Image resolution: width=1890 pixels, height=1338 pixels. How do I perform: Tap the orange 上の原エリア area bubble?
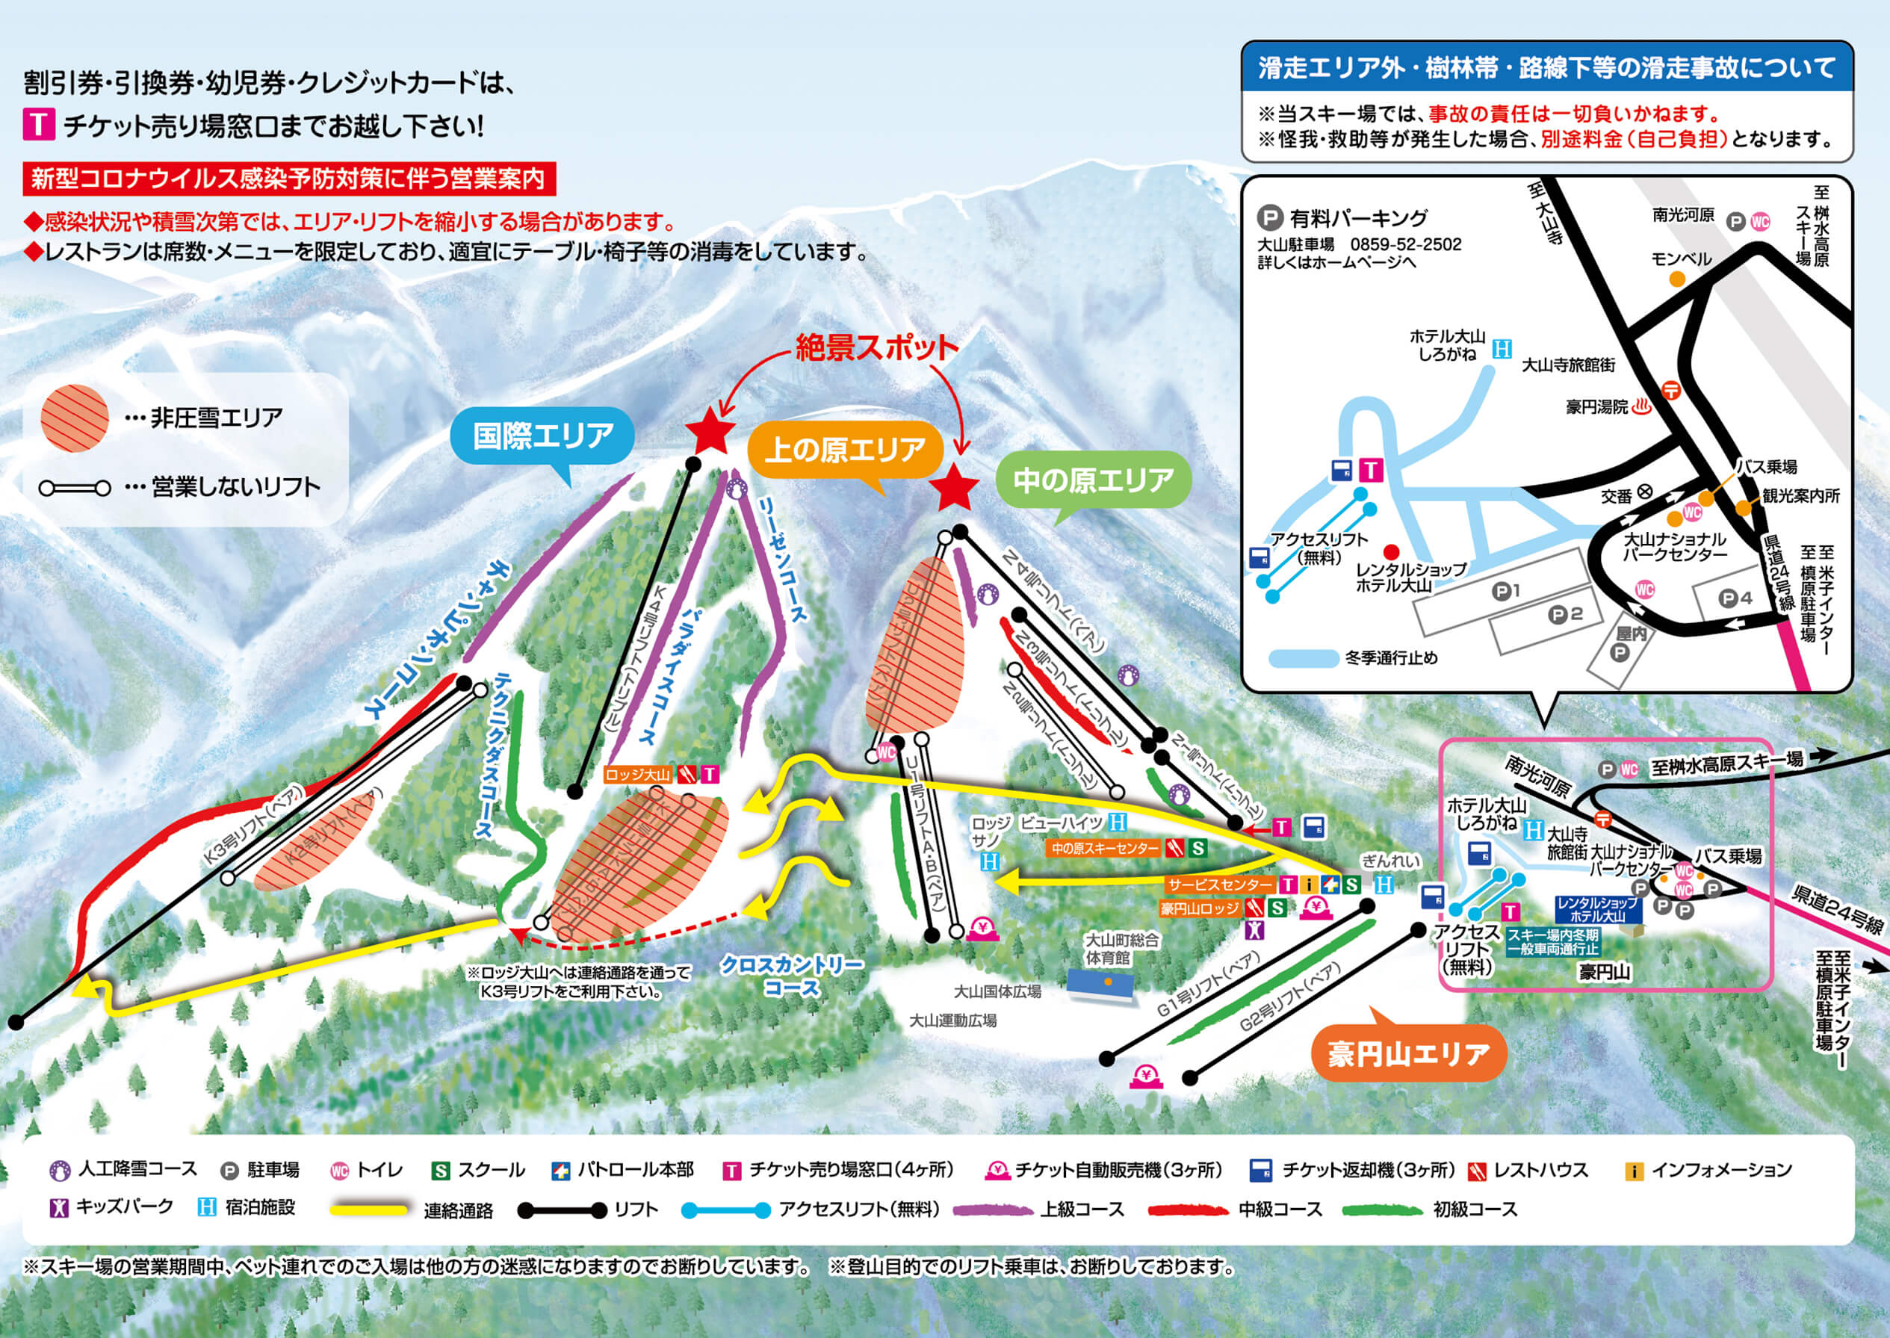[844, 450]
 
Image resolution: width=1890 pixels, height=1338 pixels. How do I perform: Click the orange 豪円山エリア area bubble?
[1408, 1054]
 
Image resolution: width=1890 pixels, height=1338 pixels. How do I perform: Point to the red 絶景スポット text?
[876, 347]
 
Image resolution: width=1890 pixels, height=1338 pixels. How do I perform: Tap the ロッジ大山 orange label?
[638, 775]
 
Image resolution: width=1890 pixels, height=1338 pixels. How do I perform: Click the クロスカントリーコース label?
[792, 976]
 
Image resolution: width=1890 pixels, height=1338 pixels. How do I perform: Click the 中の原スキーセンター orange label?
[1105, 848]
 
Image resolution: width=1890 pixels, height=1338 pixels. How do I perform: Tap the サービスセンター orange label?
[1220, 885]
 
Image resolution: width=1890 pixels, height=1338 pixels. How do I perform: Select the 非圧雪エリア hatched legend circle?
[75, 418]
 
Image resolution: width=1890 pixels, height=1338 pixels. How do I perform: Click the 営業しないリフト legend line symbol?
[75, 489]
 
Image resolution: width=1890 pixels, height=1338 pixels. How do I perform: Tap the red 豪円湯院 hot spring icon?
[1641, 407]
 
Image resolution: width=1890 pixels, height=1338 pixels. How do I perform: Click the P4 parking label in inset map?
[1737, 599]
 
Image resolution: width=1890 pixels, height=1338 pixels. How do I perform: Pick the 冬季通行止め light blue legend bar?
[1303, 658]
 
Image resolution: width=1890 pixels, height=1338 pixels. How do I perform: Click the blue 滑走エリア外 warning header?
[1546, 67]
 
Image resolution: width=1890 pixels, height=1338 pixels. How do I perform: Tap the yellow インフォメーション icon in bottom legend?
[1633, 1171]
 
